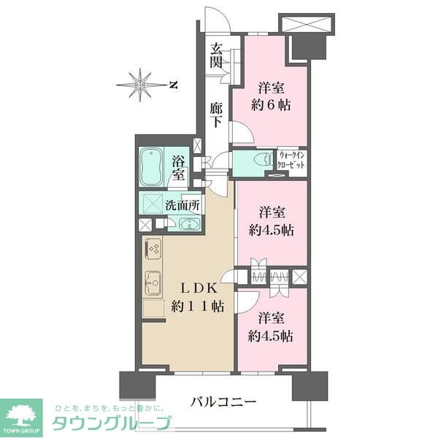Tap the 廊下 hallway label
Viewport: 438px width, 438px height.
pos(217,114)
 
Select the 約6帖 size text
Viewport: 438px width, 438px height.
pos(272,104)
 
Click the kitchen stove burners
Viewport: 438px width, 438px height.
pos(153,250)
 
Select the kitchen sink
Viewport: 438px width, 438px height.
pos(153,280)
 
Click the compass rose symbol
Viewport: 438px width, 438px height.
pos(141,85)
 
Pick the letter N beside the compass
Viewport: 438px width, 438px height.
pos(174,85)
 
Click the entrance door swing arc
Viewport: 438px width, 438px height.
pos(218,22)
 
